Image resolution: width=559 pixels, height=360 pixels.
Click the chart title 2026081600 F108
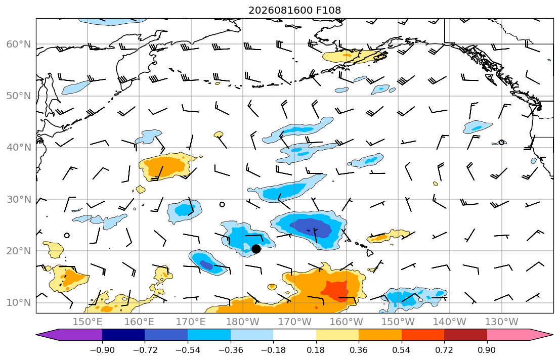pyautogui.click(x=294, y=10)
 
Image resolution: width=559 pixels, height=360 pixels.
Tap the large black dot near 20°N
pyautogui.click(x=256, y=249)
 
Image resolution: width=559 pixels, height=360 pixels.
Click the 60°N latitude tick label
pyautogui.click(x=19, y=44)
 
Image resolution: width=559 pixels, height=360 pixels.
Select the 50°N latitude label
pyautogui.click(x=19, y=96)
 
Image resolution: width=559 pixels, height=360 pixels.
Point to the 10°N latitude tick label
pyautogui.click(x=19, y=303)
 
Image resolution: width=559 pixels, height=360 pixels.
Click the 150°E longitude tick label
pyautogui.click(x=88, y=322)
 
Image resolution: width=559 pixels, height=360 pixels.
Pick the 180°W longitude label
pyautogui.click(x=243, y=322)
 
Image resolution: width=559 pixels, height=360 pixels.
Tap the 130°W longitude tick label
pyautogui.click(x=502, y=322)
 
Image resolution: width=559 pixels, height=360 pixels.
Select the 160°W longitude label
pyautogui.click(x=346, y=322)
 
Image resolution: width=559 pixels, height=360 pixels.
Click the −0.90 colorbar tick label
pyautogui.click(x=102, y=350)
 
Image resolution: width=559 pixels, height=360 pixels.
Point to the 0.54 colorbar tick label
pyautogui.click(x=402, y=350)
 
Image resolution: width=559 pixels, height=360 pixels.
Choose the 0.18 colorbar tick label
pyautogui.click(x=316, y=350)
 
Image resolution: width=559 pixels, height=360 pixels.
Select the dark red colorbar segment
pyautogui.click(x=465, y=335)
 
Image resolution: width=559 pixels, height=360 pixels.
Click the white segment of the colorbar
pyautogui.click(x=294, y=335)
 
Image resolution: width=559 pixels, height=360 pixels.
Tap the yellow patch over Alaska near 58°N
pyautogui.click(x=353, y=56)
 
